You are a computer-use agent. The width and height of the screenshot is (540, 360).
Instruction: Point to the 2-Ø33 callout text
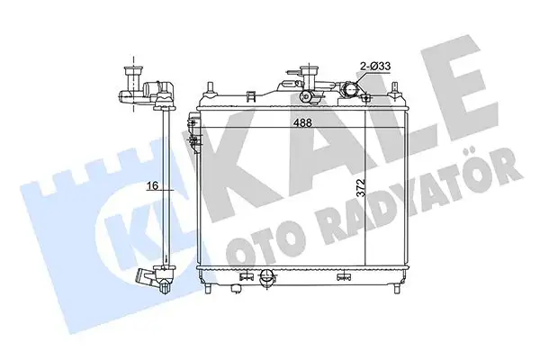pyautogui.click(x=374, y=65)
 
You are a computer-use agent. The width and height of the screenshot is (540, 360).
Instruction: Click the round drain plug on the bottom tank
pyautogui.click(x=266, y=281)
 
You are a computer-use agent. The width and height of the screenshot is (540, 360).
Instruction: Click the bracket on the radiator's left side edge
pyautogui.click(x=193, y=135)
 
